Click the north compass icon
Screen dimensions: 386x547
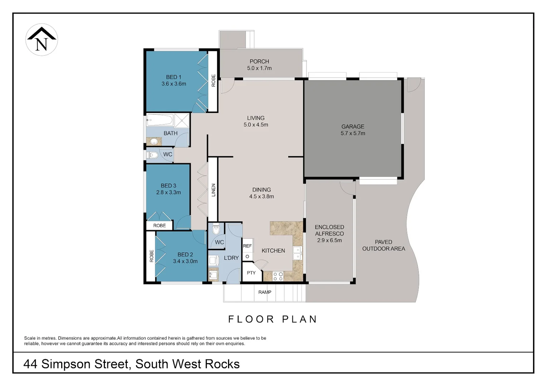[42, 40]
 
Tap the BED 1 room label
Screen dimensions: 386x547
[174, 77]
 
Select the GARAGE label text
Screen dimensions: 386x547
[353, 127]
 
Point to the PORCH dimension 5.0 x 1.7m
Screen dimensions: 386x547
[259, 68]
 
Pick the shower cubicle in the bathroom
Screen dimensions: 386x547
[182, 120]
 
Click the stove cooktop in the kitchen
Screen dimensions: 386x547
[278, 276]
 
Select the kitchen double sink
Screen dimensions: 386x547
[297, 253]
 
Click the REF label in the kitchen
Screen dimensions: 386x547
[247, 246]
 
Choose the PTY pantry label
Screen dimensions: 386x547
[251, 273]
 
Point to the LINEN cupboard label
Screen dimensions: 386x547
[213, 190]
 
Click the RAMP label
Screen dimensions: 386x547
[265, 292]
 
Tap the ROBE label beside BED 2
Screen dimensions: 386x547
[151, 256]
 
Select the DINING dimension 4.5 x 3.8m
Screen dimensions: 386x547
[262, 197]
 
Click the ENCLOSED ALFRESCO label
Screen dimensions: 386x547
[329, 230]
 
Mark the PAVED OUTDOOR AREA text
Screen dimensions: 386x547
[383, 245]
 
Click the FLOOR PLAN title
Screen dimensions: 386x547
[273, 319]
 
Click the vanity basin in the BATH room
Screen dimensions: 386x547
[154, 142]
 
